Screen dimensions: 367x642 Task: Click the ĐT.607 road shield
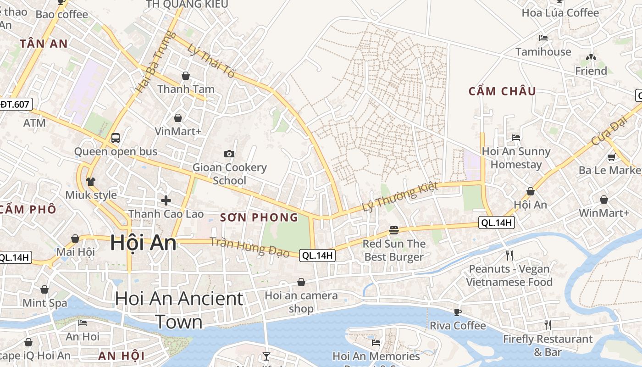pyautogui.click(x=15, y=105)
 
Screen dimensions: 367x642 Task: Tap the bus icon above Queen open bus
pyautogui.click(x=116, y=138)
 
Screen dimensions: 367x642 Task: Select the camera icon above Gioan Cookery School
pyautogui.click(x=229, y=154)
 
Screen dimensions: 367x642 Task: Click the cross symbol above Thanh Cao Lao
pyautogui.click(x=166, y=200)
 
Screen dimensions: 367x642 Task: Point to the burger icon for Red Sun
pyautogui.click(x=393, y=230)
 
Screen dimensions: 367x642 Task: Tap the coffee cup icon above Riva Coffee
pyautogui.click(x=457, y=312)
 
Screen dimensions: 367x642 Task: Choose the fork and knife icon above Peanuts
pyautogui.click(x=509, y=255)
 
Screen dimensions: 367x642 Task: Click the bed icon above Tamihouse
pyautogui.click(x=543, y=38)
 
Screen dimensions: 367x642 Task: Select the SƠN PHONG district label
pyautogui.click(x=259, y=217)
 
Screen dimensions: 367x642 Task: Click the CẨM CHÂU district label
pyautogui.click(x=502, y=91)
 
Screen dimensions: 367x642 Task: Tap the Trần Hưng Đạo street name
pyautogui.click(x=249, y=247)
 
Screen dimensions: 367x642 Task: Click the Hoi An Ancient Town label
pyautogui.click(x=179, y=310)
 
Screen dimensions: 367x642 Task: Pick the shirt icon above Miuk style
pyautogui.click(x=90, y=181)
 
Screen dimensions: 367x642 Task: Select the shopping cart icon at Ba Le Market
pyautogui.click(x=611, y=157)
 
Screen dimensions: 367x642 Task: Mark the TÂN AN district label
pyautogui.click(x=44, y=44)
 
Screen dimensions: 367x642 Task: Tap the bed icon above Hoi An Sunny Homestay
pyautogui.click(x=516, y=137)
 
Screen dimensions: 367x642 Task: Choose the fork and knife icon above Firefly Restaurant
pyautogui.click(x=548, y=325)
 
